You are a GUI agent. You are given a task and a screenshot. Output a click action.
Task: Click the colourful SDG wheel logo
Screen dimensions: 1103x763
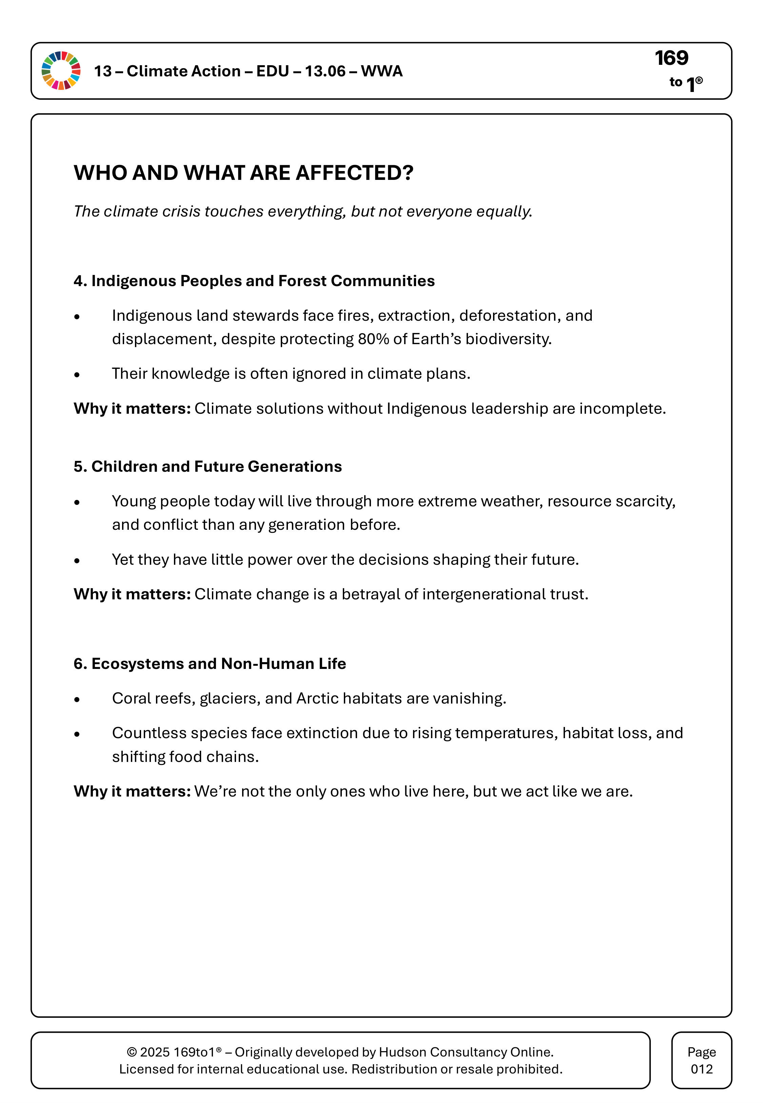[x=61, y=71]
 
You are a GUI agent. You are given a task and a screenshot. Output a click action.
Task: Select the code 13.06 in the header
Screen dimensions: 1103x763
[x=325, y=71]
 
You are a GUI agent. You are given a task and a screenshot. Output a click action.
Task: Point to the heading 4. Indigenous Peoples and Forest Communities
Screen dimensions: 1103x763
[x=254, y=281]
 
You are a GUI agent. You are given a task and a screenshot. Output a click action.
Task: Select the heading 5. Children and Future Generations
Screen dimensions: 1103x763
[x=208, y=466]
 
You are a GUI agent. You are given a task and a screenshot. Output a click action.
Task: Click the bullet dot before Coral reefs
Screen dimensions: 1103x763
[x=77, y=700]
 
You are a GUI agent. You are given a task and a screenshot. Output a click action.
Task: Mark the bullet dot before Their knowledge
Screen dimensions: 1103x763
[x=77, y=375]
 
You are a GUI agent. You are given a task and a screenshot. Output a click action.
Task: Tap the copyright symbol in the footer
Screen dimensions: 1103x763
[x=132, y=1052]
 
